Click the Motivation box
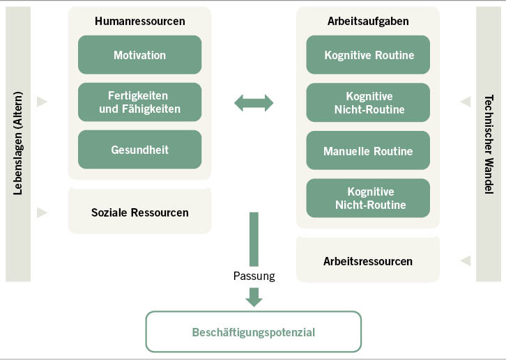click(x=139, y=55)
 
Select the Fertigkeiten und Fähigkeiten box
click(x=139, y=102)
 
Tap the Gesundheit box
click(x=139, y=150)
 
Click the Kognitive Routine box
click(x=368, y=55)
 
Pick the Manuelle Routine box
click(x=368, y=151)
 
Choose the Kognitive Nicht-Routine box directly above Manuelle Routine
click(x=368, y=103)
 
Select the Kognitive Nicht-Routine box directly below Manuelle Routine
click(x=368, y=198)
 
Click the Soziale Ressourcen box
click(x=139, y=212)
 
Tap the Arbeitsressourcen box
click(x=368, y=262)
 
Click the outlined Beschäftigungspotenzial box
click(x=253, y=332)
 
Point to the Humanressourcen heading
click(x=139, y=22)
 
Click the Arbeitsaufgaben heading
click(x=368, y=22)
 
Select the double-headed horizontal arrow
click(x=254, y=103)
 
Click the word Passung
click(x=254, y=276)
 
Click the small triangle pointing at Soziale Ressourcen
click(x=42, y=212)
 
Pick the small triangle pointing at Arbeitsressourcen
click(x=466, y=261)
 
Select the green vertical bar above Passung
click(x=254, y=239)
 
